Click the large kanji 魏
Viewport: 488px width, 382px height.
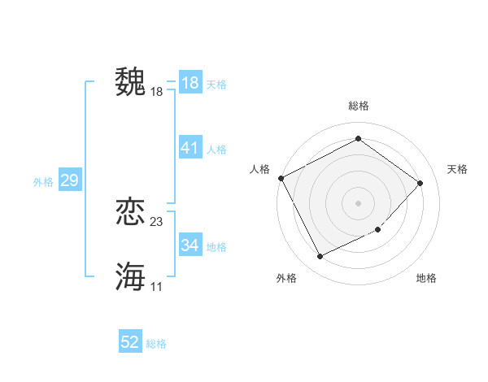[130, 82]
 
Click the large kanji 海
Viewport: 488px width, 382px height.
[130, 276]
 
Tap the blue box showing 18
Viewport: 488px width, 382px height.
[190, 83]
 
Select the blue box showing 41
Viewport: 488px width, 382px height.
[190, 148]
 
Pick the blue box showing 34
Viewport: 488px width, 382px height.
[190, 245]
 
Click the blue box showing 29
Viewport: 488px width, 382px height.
[69, 180]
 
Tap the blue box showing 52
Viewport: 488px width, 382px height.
[130, 342]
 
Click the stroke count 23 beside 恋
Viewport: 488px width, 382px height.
[157, 221]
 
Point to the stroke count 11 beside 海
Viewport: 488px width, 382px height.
[157, 286]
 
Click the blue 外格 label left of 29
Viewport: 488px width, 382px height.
[43, 182]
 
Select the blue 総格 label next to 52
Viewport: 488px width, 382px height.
[156, 344]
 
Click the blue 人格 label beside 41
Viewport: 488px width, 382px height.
[216, 150]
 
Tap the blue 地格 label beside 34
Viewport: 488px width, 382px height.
[216, 246]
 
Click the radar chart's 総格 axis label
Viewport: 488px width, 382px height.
[358, 106]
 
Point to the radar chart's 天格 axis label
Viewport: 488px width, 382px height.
[457, 169]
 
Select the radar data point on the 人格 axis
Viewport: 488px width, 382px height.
[281, 178]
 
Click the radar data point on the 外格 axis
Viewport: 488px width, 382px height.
[320, 257]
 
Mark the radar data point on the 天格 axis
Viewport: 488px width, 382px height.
[420, 183]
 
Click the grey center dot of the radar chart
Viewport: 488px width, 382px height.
[358, 202]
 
